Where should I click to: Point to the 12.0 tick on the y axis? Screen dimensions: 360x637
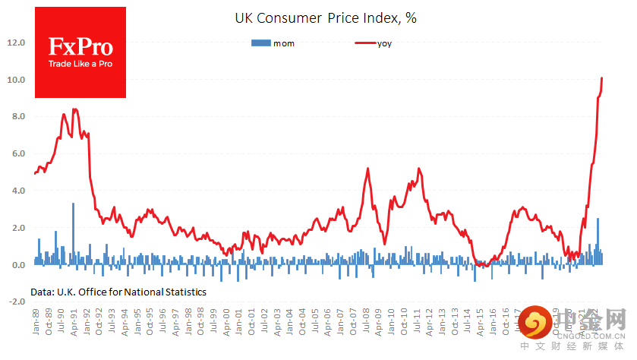[17, 43]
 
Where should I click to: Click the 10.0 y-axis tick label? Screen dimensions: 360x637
[17, 80]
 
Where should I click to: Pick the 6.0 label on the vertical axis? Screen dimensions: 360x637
[17, 153]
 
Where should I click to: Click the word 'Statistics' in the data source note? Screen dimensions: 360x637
[180, 291]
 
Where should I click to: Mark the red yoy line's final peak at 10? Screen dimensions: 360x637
[602, 78]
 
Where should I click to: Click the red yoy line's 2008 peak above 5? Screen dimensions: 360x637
[367, 169]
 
